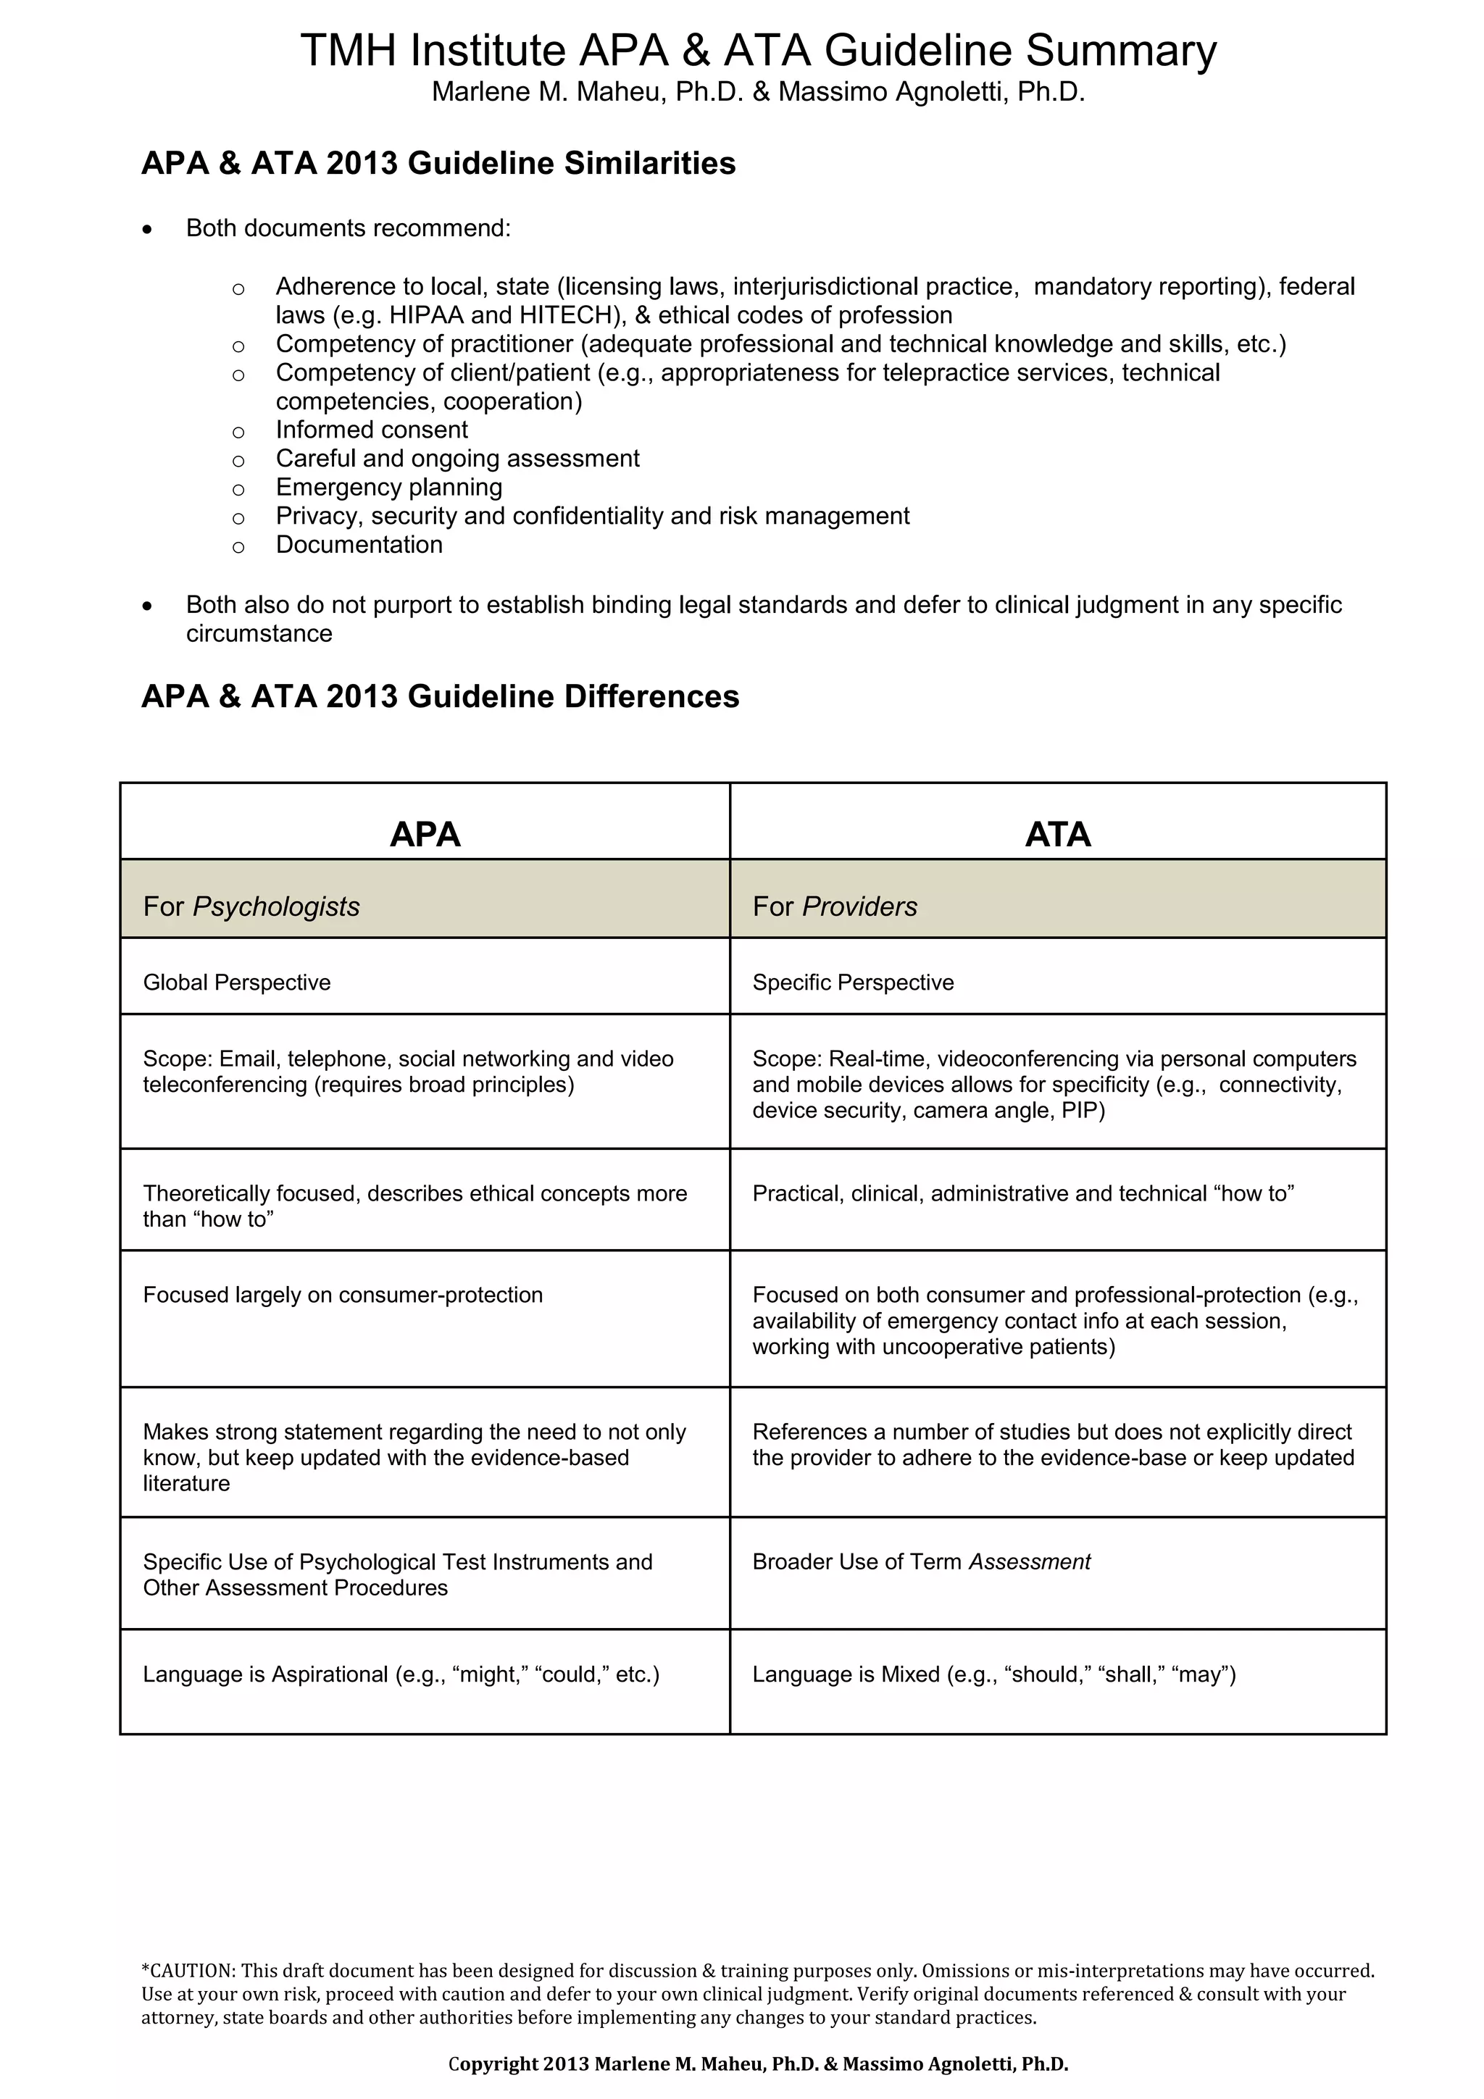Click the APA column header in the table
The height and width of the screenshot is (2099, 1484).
pos(425,834)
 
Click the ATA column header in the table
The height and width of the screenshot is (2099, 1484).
pos(1057,834)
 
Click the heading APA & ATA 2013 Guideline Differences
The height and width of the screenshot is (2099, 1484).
pos(440,696)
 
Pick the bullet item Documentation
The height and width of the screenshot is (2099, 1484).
pos(359,544)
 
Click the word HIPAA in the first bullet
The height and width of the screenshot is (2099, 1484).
pos(423,315)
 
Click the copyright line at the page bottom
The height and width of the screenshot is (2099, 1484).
pos(757,2063)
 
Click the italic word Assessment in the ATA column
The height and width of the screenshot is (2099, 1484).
pos(1029,1561)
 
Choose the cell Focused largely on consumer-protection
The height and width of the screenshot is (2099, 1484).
pos(343,1295)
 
